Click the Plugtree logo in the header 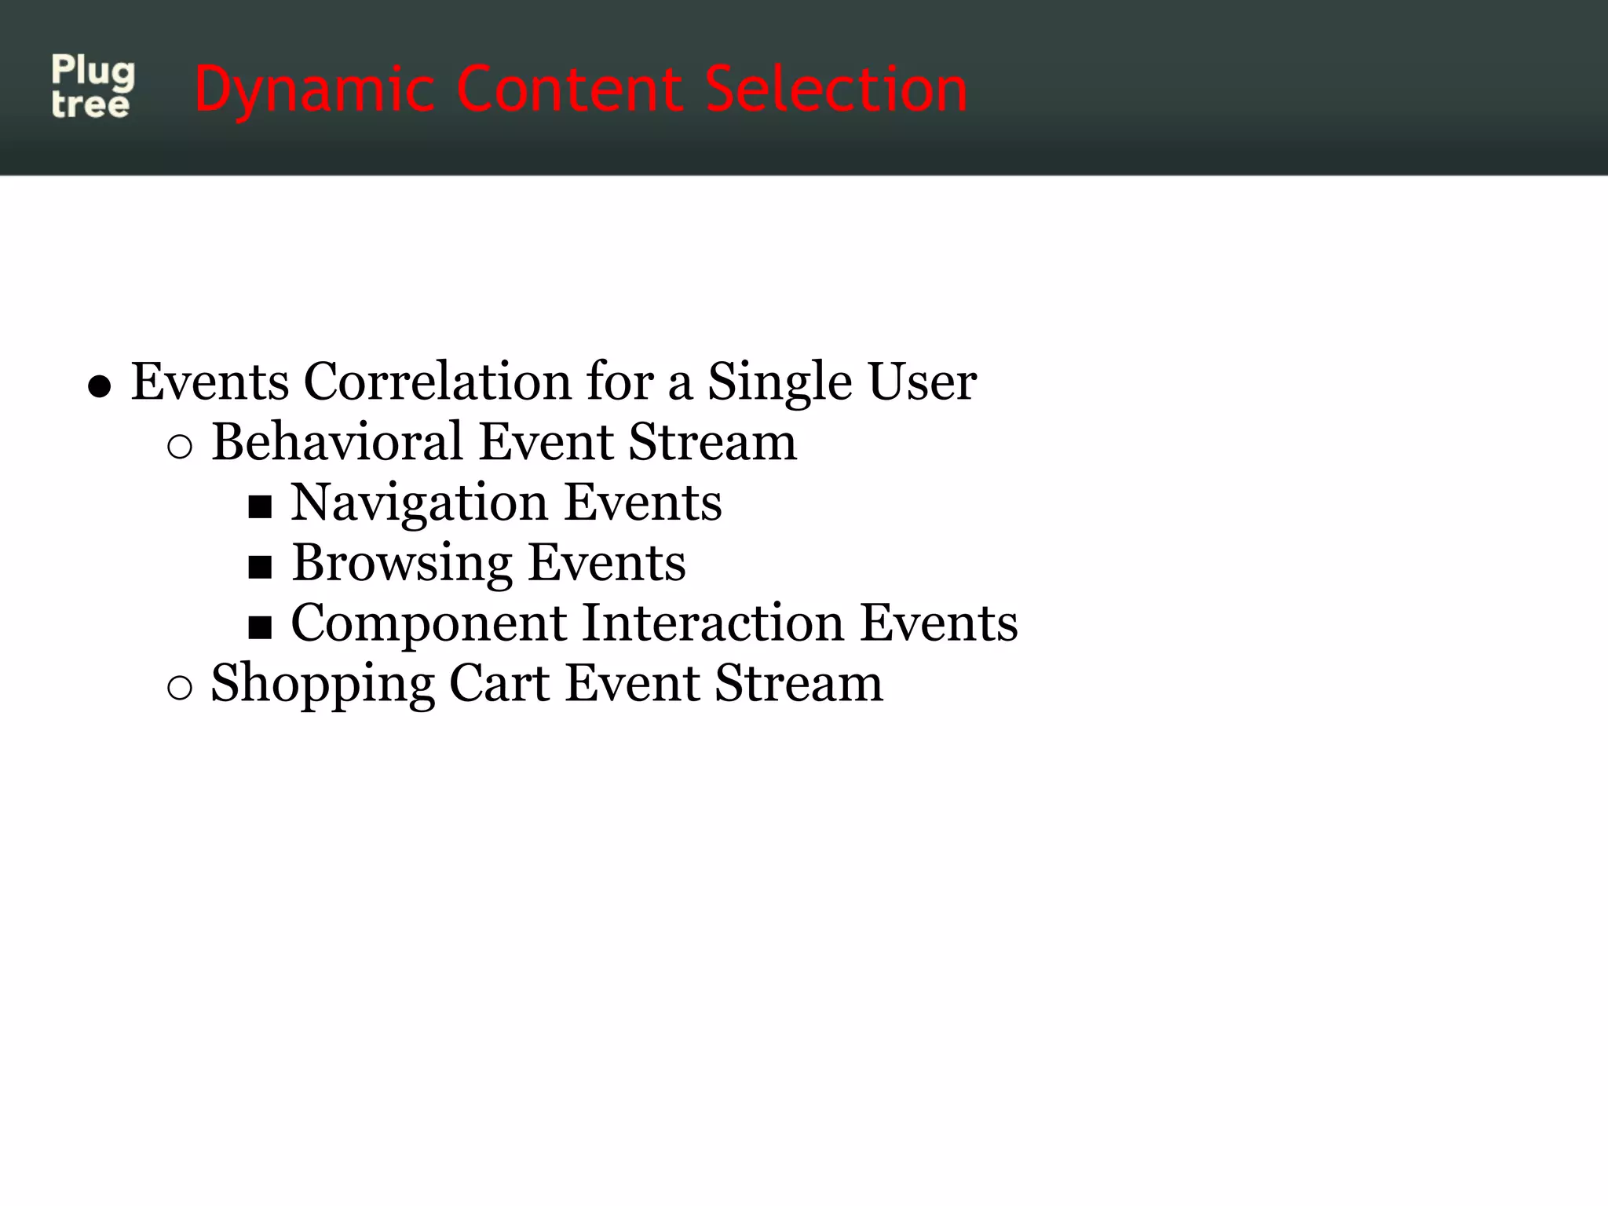point(93,87)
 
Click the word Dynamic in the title point(314,90)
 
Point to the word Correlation point(437,382)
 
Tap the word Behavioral point(337,442)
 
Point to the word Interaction point(713,623)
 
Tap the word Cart point(499,683)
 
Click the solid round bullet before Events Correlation point(99,387)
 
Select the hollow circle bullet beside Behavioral point(180,447)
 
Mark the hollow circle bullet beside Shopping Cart point(180,688)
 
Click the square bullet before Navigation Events point(260,507)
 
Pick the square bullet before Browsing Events point(260,567)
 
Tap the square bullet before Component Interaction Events point(260,627)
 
